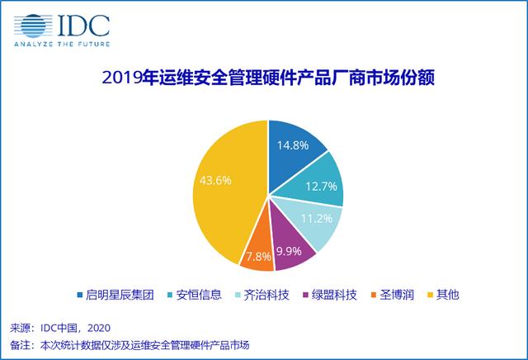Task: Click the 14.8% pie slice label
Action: pyautogui.click(x=293, y=145)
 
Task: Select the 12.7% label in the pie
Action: pyautogui.click(x=321, y=187)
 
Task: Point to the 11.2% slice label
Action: pyautogui.click(x=317, y=219)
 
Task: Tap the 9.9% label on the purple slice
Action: pyautogui.click(x=289, y=251)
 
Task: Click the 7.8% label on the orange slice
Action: pyautogui.click(x=258, y=257)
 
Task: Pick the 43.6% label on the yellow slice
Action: pyautogui.click(x=215, y=180)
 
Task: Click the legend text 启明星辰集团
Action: pyautogui.click(x=120, y=295)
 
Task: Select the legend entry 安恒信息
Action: pyautogui.click(x=199, y=295)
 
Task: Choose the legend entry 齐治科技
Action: pyautogui.click(x=266, y=295)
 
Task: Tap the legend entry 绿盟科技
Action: pyautogui.click(x=334, y=295)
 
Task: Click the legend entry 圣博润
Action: pyautogui.click(x=397, y=295)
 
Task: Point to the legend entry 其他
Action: pyautogui.click(x=447, y=295)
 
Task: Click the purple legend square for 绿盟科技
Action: pyautogui.click(x=305, y=295)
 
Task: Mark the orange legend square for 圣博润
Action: pyautogui.click(x=373, y=295)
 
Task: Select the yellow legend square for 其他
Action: pyautogui.click(x=430, y=295)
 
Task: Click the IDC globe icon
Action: pyautogui.click(x=33, y=26)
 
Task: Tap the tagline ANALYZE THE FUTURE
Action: pyautogui.click(x=62, y=44)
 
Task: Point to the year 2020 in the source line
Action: pyautogui.click(x=99, y=328)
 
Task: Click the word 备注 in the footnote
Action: pyautogui.click(x=20, y=345)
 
